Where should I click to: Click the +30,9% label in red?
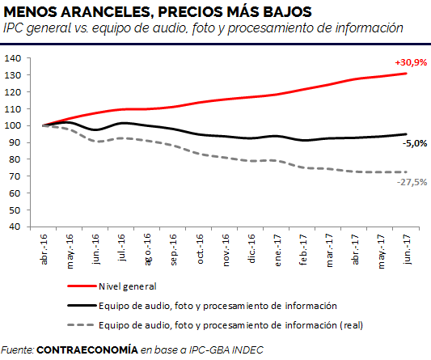click(x=411, y=63)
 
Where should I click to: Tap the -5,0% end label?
click(x=415, y=143)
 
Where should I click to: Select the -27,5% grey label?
click(x=412, y=182)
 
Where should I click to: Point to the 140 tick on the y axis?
click(x=12, y=58)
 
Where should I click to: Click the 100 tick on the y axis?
click(x=12, y=125)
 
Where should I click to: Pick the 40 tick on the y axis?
click(x=15, y=227)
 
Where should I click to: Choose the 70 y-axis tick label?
click(x=15, y=176)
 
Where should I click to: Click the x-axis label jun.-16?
click(x=95, y=249)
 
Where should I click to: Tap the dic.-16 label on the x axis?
click(x=251, y=248)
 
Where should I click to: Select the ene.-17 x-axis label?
click(x=277, y=250)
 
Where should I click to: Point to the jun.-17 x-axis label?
click(x=407, y=249)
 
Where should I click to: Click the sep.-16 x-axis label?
click(x=173, y=250)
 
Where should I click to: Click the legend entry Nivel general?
click(x=128, y=286)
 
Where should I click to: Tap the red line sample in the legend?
click(x=82, y=286)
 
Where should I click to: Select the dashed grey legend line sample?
click(x=82, y=325)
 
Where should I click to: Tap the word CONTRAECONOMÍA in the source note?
click(x=87, y=349)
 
